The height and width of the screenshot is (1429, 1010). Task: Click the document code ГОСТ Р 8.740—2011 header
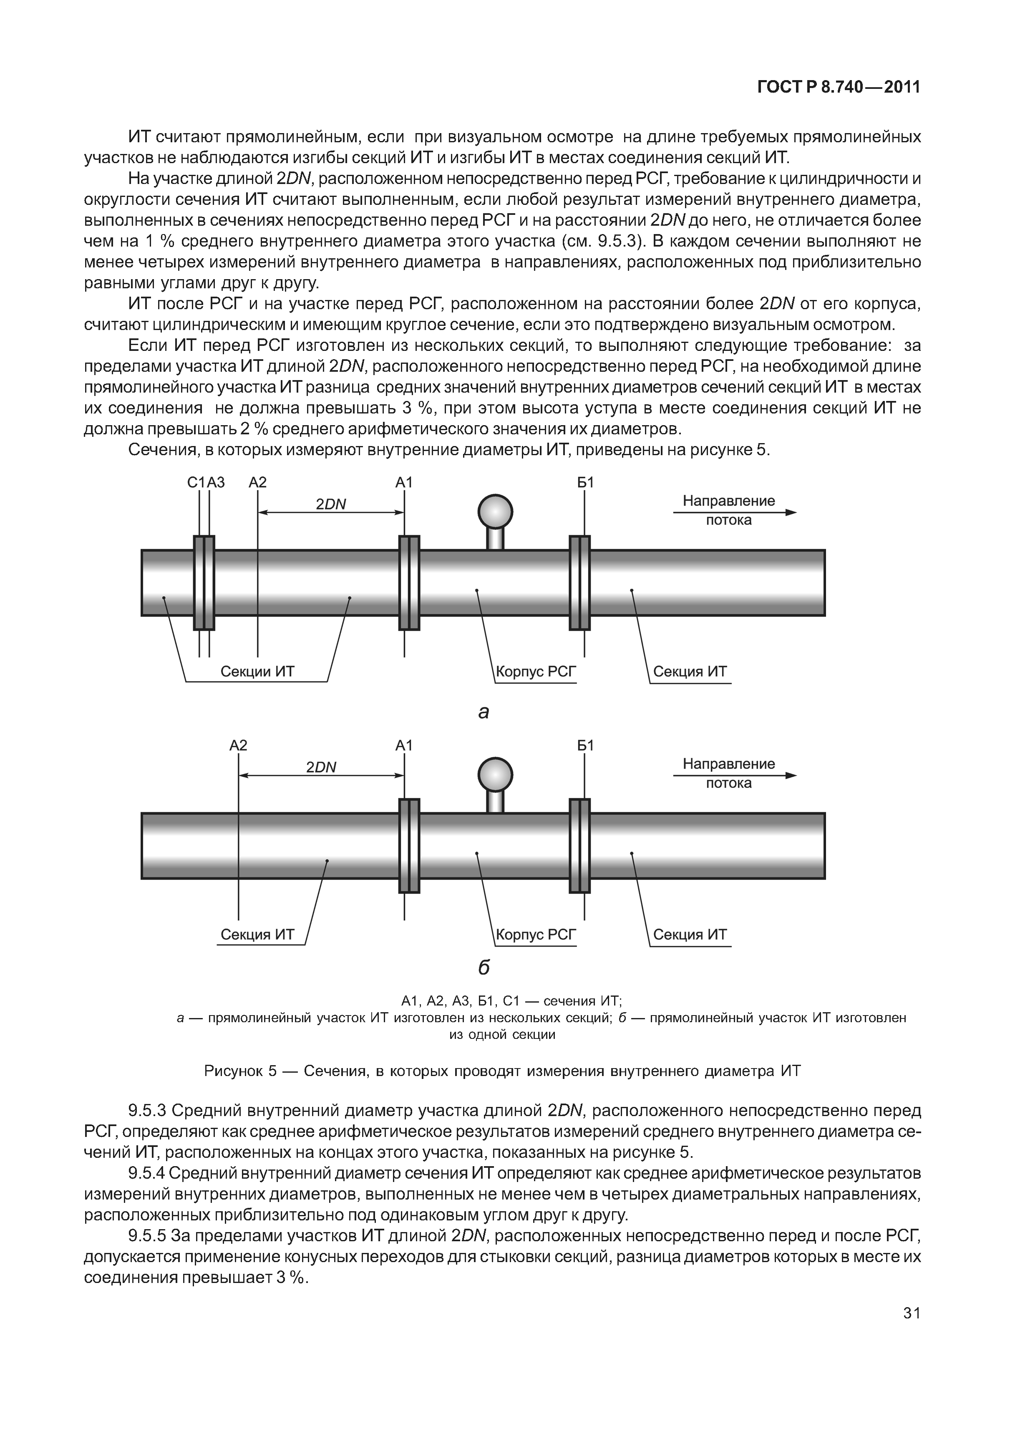coord(838,88)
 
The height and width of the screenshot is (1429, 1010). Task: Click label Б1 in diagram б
coord(585,746)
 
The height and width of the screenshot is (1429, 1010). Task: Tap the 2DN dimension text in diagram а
coord(330,504)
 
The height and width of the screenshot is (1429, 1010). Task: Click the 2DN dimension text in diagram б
coord(321,767)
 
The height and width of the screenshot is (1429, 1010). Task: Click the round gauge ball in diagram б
coord(495,775)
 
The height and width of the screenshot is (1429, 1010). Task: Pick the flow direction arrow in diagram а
coord(734,512)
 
